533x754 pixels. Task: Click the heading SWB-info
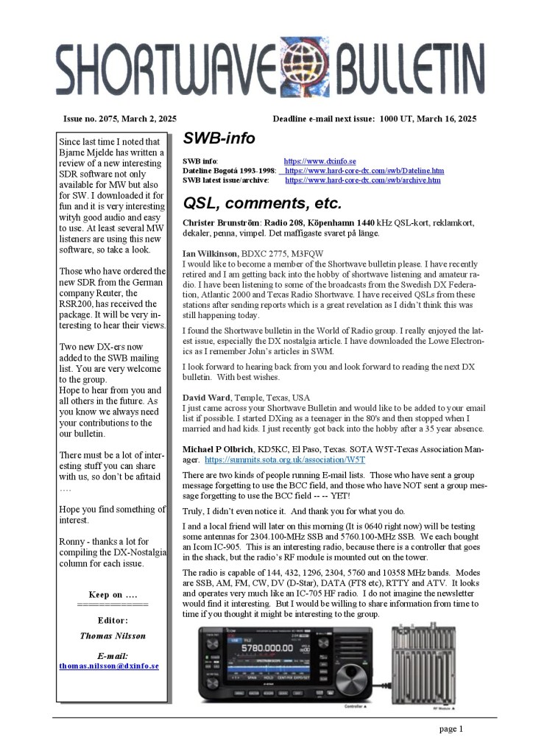pyautogui.click(x=219, y=138)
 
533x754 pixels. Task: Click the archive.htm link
pyautogui.click(x=362, y=180)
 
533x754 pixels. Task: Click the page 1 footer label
pyautogui.click(x=450, y=729)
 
